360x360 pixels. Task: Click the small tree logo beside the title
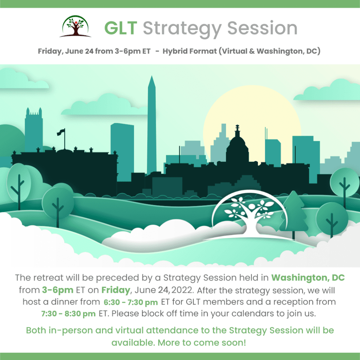[75, 26]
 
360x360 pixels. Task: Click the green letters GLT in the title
[121, 28]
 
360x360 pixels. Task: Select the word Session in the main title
[262, 28]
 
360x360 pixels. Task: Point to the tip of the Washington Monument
[152, 76]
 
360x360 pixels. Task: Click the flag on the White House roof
[61, 132]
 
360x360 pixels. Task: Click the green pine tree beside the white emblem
[294, 212]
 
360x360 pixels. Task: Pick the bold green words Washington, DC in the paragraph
[308, 278]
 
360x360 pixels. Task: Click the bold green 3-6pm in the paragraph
[58, 290]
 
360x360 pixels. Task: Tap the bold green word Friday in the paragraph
[116, 290]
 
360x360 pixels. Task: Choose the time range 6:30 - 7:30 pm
[131, 302]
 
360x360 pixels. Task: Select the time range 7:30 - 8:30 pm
[69, 314]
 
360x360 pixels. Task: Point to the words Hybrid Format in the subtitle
[189, 51]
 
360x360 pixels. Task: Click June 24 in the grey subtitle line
[79, 51]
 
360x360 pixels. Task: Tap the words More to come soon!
[202, 342]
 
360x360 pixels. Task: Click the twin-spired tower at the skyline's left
[34, 130]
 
